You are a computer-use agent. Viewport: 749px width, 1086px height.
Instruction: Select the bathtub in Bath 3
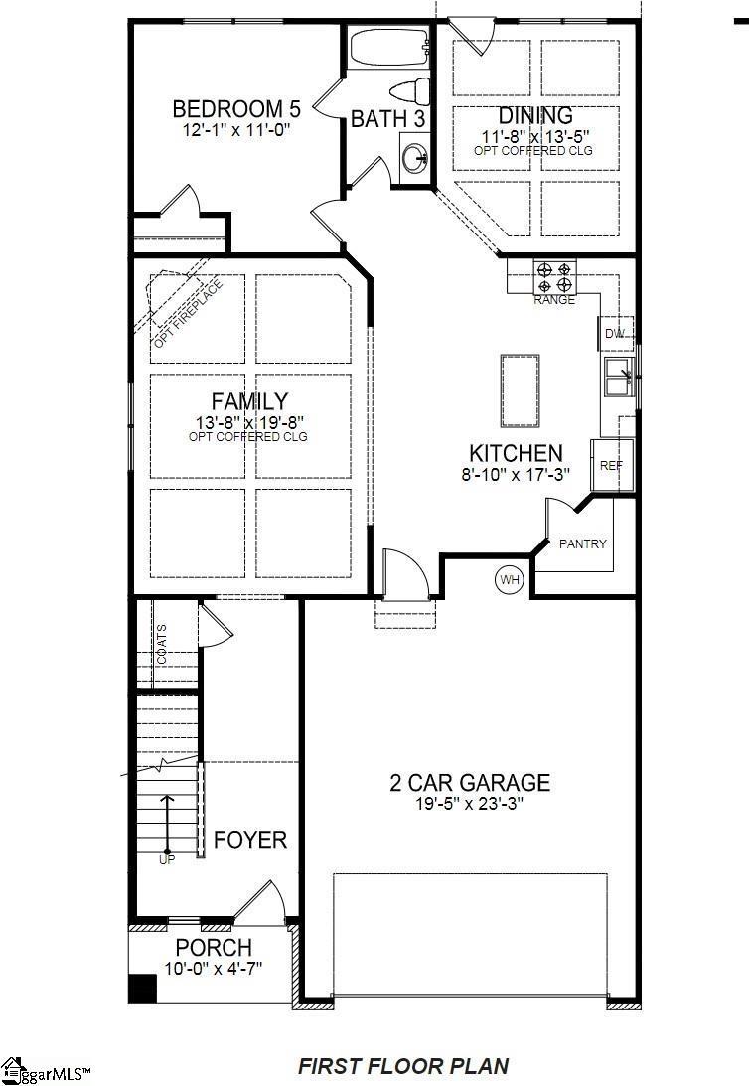point(388,44)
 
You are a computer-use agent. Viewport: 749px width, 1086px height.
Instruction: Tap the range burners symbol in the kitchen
point(554,276)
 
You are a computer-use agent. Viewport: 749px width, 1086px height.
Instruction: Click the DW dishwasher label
point(616,333)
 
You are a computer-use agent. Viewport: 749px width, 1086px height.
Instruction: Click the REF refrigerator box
point(610,464)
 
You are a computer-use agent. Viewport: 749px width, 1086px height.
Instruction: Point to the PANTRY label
point(582,543)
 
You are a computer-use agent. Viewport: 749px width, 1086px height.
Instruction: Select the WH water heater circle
point(510,579)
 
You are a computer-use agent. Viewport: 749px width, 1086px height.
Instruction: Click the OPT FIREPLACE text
point(188,314)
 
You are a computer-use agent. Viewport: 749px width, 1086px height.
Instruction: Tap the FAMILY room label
point(249,401)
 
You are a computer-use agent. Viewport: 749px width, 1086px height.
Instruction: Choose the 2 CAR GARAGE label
point(470,783)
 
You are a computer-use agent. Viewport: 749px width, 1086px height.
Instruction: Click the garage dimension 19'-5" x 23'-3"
point(470,804)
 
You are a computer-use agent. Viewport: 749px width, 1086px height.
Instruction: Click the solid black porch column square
point(143,989)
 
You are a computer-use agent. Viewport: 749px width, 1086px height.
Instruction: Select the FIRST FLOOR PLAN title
point(403,1066)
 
